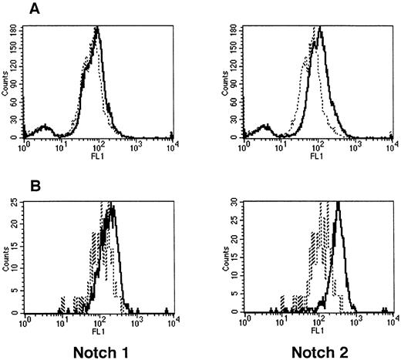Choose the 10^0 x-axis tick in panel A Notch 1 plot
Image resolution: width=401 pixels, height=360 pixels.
coord(28,146)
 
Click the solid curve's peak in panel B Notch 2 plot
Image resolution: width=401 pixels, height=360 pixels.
coord(337,204)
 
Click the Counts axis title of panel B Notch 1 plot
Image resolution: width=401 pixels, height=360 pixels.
coord(6,257)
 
